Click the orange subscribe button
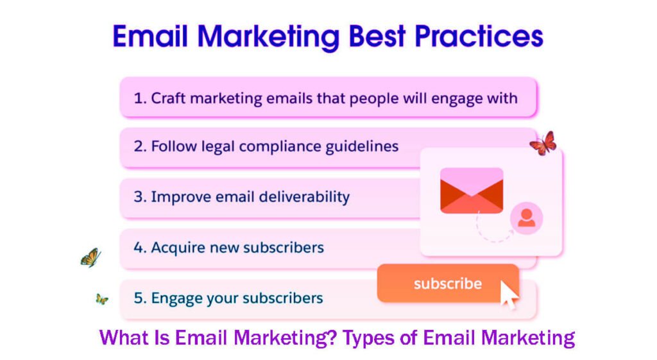click(447, 283)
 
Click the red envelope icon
click(472, 190)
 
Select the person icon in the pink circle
click(526, 218)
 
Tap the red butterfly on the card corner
click(543, 144)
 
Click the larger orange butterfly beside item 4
click(90, 257)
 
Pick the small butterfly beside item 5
click(101, 299)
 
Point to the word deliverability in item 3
click(305, 196)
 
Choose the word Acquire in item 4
click(177, 247)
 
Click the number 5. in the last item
click(140, 298)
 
